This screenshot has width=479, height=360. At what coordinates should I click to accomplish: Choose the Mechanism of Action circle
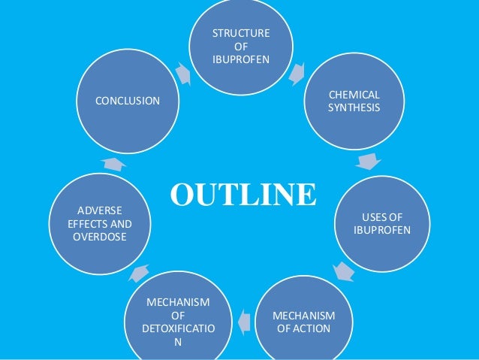(303, 321)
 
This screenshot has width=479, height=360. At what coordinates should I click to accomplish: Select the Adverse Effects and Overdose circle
(98, 221)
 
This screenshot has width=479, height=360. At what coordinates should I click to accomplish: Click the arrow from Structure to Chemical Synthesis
(296, 72)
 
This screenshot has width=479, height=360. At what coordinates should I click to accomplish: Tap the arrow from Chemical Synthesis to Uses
(368, 161)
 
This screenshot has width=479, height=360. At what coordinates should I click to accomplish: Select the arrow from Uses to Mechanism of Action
(343, 271)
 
